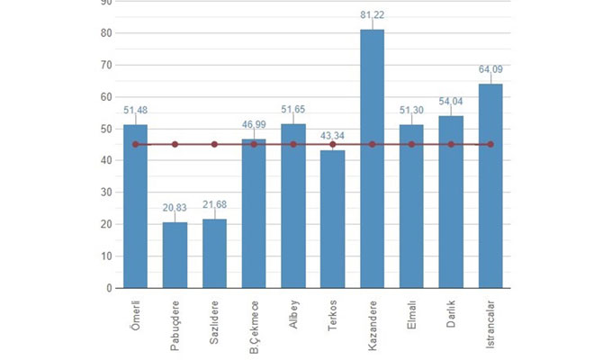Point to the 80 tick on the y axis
coord(106,33)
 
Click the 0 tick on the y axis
coord(109,288)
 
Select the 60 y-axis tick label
coord(106,97)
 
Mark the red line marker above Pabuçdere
coord(175,144)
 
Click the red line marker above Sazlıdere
coord(214,144)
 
